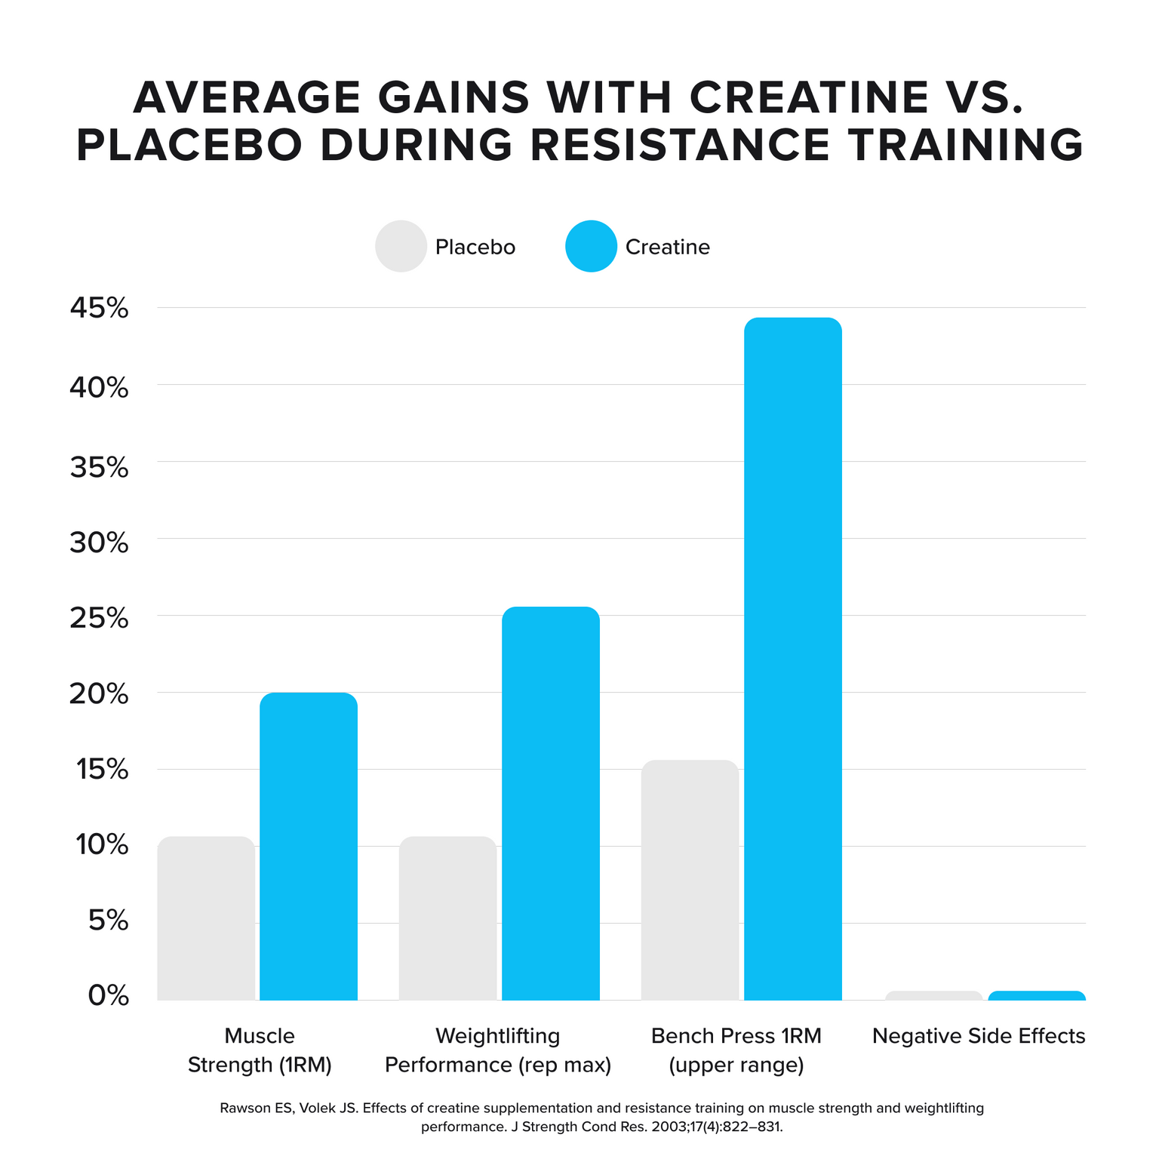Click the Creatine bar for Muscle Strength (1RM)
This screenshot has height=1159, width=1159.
[x=309, y=845]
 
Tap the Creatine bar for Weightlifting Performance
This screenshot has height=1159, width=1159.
[x=551, y=803]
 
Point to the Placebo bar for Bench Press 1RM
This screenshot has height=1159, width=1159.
[x=690, y=880]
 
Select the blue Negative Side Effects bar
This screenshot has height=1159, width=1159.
[x=1037, y=995]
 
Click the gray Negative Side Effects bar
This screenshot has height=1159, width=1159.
[x=934, y=995]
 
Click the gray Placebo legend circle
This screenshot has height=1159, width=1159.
[x=401, y=246]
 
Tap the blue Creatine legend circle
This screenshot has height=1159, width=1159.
[x=592, y=246]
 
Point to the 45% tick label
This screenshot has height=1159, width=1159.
[x=100, y=308]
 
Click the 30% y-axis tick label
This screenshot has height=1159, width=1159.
[x=100, y=542]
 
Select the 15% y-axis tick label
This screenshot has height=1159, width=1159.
[x=100, y=770]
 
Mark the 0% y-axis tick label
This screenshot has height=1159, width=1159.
[x=109, y=996]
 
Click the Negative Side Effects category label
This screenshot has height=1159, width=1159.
[x=979, y=1036]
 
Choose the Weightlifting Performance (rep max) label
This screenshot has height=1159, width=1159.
[x=498, y=1050]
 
